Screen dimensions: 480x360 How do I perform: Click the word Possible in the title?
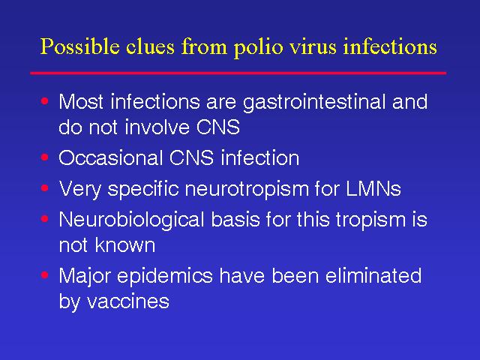79,47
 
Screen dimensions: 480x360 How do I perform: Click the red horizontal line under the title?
238,73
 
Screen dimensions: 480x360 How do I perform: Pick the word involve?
157,127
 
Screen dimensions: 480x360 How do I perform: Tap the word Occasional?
110,158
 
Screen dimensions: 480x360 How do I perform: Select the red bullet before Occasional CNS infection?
45,157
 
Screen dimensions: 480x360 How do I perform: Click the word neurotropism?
247,189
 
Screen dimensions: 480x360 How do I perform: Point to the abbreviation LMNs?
373,188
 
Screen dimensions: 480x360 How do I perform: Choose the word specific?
143,189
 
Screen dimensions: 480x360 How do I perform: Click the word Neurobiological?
132,220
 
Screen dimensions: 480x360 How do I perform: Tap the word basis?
235,220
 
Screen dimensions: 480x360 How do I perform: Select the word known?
125,244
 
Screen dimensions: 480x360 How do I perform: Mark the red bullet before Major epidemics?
45,275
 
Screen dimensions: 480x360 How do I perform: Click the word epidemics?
165,277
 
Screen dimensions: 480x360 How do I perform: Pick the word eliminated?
373,275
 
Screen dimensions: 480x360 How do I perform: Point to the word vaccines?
128,301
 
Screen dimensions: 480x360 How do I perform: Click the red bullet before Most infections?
45,101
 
